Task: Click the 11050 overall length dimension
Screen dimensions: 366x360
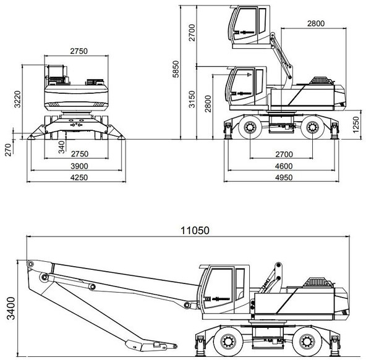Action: (x=195, y=230)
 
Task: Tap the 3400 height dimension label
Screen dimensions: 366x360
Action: (x=11, y=308)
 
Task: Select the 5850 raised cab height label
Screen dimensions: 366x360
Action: (x=176, y=69)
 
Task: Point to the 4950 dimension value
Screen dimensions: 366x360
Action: (x=284, y=178)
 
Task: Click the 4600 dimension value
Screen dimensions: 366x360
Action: (x=284, y=166)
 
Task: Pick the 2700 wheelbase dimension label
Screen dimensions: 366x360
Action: (x=284, y=154)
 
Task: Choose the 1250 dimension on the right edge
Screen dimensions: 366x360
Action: (x=355, y=125)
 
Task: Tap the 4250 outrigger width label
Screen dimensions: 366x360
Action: (x=79, y=178)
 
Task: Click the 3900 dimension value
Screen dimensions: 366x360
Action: (x=79, y=166)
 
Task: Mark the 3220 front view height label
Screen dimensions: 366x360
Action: (x=17, y=99)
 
